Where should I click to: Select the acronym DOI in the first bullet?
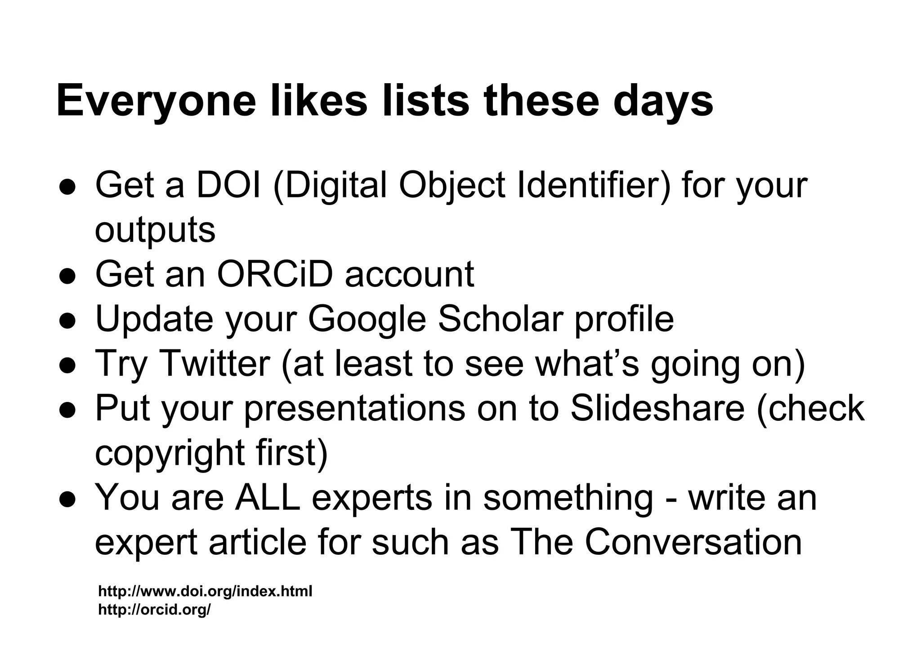pyautogui.click(x=228, y=185)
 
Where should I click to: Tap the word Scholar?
pyautogui.click(x=501, y=319)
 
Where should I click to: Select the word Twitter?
pyautogui.click(x=215, y=363)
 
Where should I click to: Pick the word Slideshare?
pyautogui.click(x=657, y=408)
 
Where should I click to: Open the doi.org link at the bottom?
pyautogui.click(x=205, y=591)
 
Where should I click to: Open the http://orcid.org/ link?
pyautogui.click(x=154, y=610)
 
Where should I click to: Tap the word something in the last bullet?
pyautogui.click(x=568, y=498)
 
